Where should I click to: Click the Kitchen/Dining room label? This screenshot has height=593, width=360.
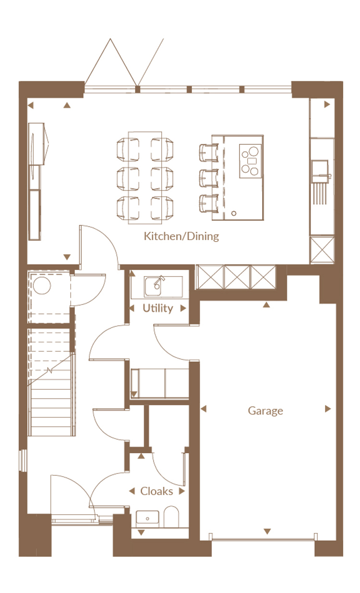tap(181, 236)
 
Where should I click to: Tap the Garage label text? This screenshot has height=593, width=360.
tap(265, 411)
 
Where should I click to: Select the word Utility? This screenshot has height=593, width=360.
tap(158, 308)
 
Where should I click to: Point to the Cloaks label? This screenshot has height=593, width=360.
tap(156, 491)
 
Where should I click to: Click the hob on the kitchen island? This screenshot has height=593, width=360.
tap(251, 161)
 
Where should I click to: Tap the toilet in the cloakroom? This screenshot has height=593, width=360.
tap(171, 517)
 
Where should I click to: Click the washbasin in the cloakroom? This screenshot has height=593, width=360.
tap(147, 519)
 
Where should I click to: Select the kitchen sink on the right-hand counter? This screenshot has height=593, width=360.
tap(320, 171)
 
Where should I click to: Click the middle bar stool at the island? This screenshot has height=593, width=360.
tap(209, 178)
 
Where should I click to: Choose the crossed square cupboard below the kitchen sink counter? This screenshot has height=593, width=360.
tap(322, 250)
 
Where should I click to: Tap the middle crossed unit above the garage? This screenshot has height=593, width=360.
tap(237, 277)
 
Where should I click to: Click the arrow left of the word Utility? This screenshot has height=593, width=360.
tap(132, 308)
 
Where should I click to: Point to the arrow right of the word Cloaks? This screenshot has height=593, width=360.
tap(182, 491)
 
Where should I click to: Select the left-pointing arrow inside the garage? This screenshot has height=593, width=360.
tap(204, 409)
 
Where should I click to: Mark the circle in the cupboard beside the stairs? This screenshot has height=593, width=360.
tap(42, 285)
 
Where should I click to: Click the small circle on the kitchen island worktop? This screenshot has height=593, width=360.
tap(234, 213)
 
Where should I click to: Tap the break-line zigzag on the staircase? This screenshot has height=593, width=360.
tap(49, 370)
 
